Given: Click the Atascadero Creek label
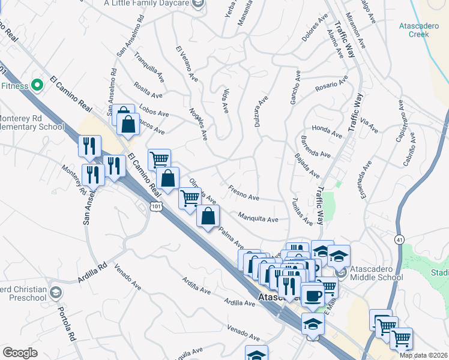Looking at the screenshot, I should click(414, 30).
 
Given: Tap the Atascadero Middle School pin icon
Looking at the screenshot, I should click(341, 274).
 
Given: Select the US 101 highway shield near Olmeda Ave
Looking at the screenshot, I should click(155, 206).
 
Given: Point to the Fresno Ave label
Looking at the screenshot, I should click(244, 193).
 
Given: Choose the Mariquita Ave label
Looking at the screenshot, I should click(258, 218).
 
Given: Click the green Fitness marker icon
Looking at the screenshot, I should click(37, 86).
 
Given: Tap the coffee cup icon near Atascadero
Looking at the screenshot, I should click(312, 296).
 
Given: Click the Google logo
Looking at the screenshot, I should click(20, 353).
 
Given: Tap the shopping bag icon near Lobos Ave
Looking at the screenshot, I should click(128, 124).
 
